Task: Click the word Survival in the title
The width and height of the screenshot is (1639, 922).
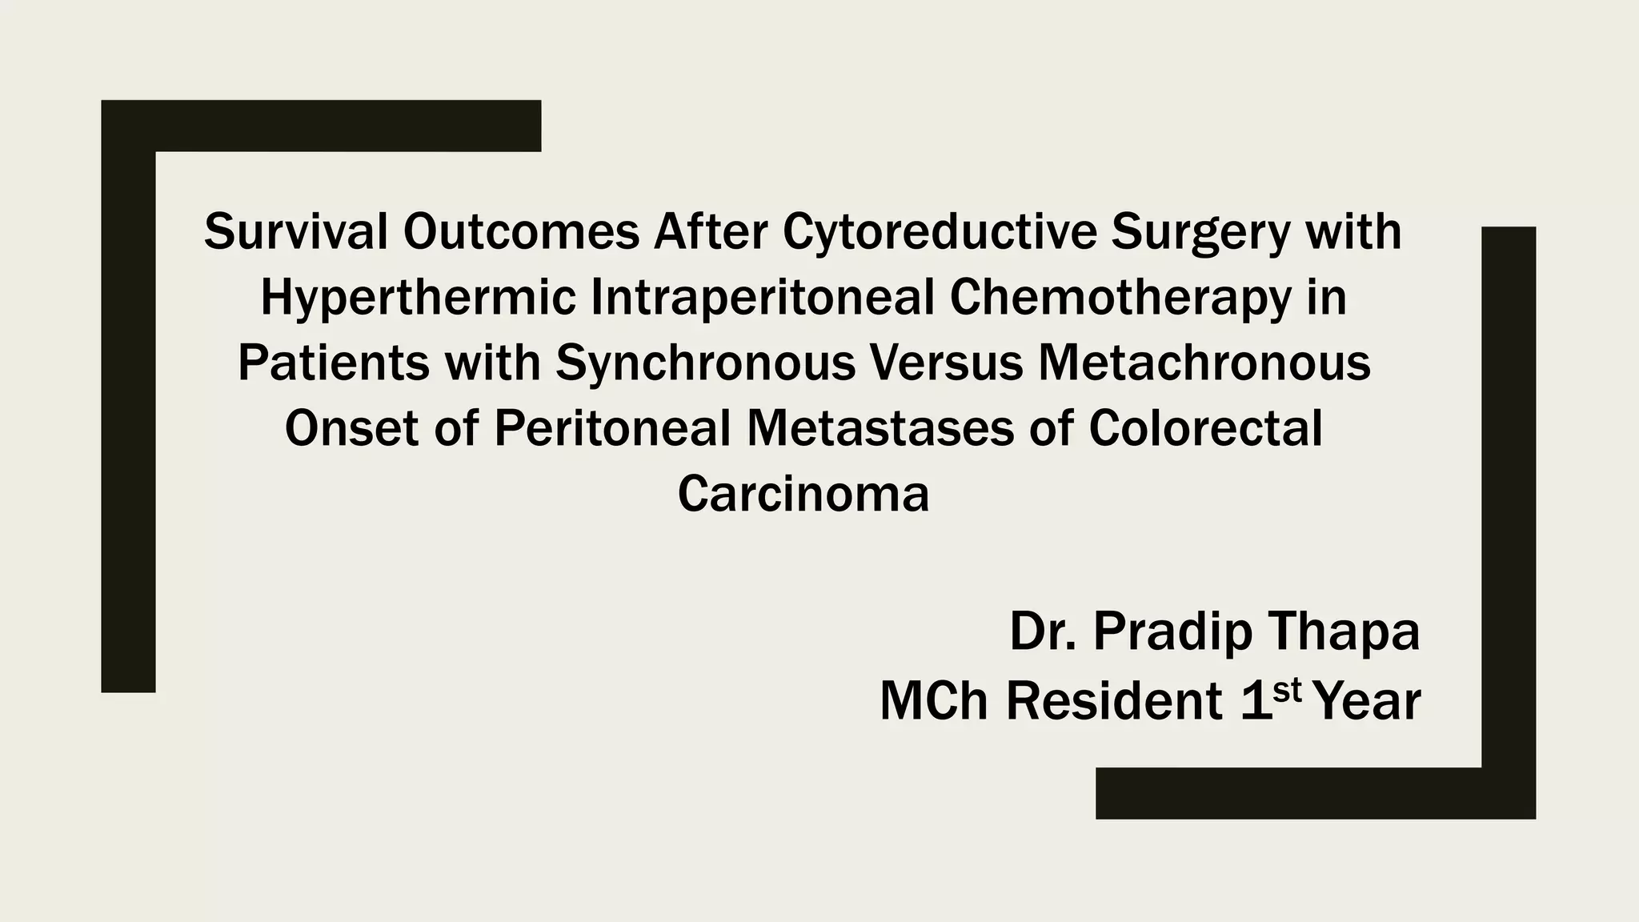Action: click(x=295, y=232)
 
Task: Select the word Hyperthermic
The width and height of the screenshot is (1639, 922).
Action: click(x=418, y=299)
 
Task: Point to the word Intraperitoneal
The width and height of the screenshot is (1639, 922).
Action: click(x=763, y=299)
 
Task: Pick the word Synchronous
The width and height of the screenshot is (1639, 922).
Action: click(x=705, y=364)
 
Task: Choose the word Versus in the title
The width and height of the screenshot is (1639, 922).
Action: click(x=946, y=363)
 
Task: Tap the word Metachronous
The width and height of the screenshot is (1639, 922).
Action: click(x=1204, y=363)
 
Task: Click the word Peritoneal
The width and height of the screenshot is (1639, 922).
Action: click(x=612, y=428)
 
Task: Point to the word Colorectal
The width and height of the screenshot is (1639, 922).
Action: click(x=1205, y=428)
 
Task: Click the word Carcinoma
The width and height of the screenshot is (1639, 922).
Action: click(x=803, y=494)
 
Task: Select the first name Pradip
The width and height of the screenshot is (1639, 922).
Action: click(x=1172, y=633)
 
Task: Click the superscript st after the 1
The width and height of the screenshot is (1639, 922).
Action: click(x=1288, y=690)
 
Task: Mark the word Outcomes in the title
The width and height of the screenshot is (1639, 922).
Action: click(x=521, y=232)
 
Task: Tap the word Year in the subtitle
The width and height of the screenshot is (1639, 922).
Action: click(x=1368, y=701)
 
